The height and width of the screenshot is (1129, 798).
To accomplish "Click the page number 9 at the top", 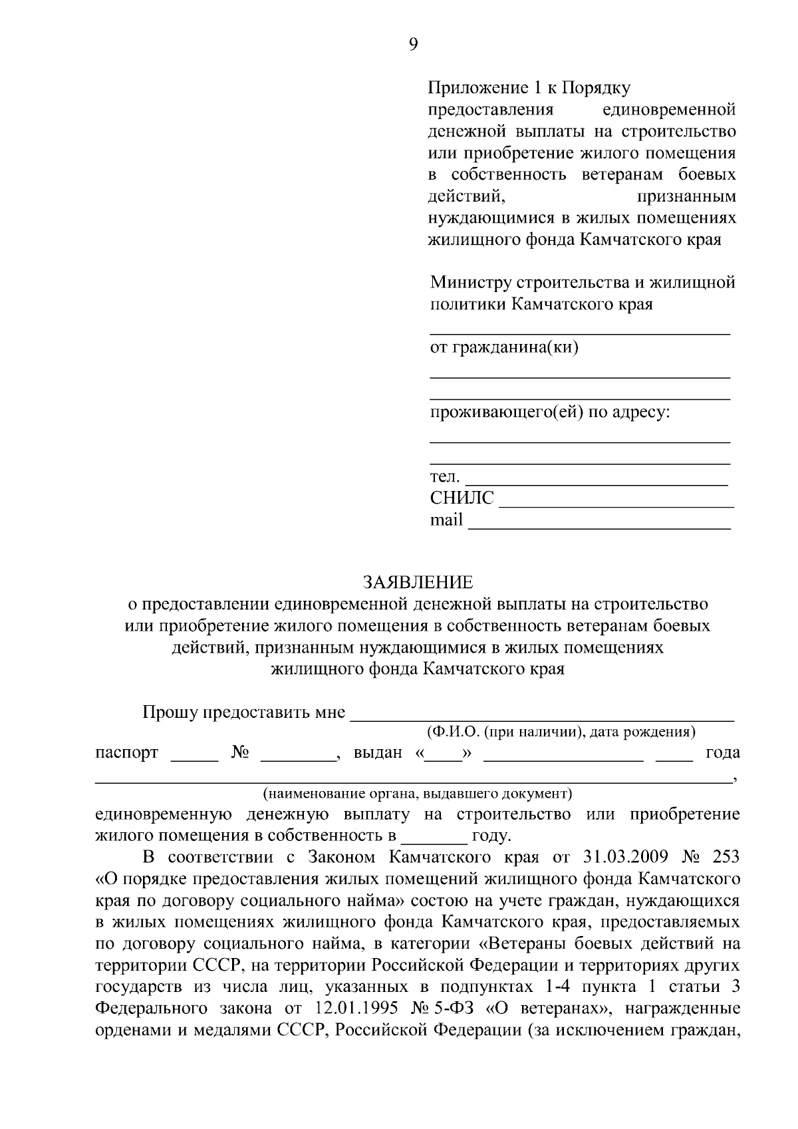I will (413, 45).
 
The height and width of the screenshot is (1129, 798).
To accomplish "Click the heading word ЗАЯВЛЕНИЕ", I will (418, 583).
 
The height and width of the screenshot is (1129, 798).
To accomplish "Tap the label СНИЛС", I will (462, 498).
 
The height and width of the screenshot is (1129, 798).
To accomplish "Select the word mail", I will (446, 520).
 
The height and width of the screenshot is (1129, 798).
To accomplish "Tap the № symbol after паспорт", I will (240, 752).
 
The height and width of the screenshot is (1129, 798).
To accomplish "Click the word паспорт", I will (127, 753).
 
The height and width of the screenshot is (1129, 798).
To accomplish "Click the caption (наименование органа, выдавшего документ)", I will (417, 794).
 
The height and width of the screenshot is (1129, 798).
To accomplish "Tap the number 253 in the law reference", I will (725, 856).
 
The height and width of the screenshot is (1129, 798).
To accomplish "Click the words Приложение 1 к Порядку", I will (529, 88).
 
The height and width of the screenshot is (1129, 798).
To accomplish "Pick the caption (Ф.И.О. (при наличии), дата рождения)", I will (561, 732).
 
